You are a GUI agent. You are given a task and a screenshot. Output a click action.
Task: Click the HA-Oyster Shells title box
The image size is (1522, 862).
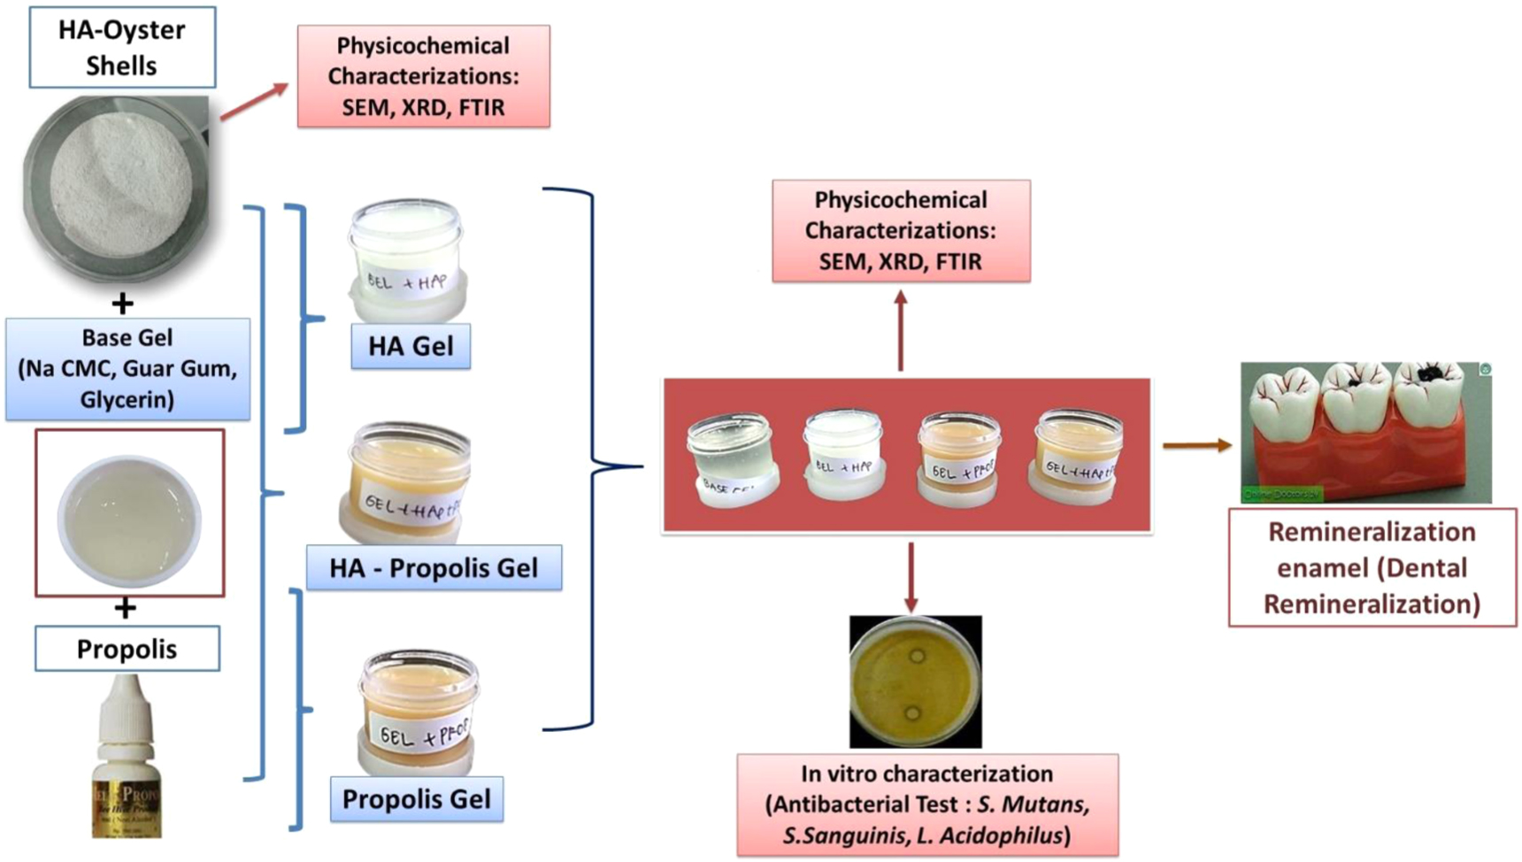[x=122, y=48]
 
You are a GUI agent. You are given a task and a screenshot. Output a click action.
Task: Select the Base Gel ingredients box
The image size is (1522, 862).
[x=127, y=369]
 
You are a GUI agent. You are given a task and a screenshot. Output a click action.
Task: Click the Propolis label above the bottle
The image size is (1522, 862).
[x=127, y=649]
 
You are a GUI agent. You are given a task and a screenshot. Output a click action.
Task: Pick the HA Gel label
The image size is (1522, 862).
[x=411, y=346]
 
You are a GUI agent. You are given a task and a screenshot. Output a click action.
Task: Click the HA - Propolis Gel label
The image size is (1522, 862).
[x=434, y=567]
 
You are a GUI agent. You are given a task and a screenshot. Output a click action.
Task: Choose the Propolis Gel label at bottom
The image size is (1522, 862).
[x=416, y=799]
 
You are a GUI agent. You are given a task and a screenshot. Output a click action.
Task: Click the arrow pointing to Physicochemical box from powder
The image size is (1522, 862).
[x=255, y=101]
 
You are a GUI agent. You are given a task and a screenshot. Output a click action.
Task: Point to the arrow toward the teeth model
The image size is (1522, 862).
[x=1196, y=445]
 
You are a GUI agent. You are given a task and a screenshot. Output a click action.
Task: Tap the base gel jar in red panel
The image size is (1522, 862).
[x=732, y=460]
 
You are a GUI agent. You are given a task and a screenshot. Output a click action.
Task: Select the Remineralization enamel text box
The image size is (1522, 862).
[x=1372, y=567]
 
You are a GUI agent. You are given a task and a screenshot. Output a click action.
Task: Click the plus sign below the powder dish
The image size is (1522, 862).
[x=122, y=304]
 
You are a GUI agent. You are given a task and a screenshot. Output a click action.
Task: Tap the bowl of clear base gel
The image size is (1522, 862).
[x=129, y=520]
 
